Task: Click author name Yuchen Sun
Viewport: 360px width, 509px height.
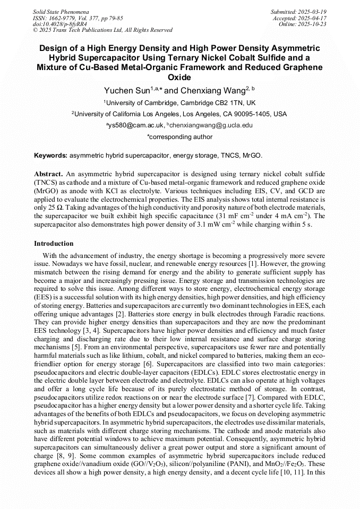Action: [127, 91]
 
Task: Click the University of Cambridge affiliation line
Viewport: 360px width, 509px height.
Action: [180, 103]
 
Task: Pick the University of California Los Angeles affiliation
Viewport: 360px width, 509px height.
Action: [180, 114]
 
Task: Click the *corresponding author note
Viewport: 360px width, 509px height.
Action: [179, 137]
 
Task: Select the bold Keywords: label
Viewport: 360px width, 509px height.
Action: [51, 156]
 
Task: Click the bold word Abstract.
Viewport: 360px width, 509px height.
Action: [48, 174]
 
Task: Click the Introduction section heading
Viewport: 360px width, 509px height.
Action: [54, 244]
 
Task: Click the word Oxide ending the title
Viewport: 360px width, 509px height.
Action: [179, 77]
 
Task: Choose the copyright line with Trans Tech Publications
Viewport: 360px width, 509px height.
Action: [102, 30]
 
